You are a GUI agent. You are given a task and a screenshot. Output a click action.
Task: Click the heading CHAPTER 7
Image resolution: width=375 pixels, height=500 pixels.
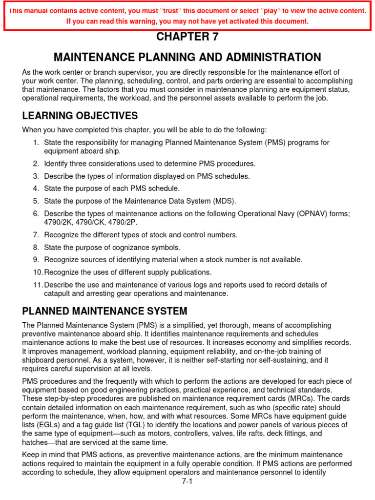(x=187, y=37)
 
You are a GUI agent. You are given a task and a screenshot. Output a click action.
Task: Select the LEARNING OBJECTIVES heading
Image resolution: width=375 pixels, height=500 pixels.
(x=80, y=116)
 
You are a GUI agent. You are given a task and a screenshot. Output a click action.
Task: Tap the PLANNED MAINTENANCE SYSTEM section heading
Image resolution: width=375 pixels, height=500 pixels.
(x=105, y=311)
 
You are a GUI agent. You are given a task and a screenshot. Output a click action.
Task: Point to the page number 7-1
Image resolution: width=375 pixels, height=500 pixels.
(x=187, y=481)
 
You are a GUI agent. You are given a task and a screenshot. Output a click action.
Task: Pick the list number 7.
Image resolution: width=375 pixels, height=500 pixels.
(x=36, y=235)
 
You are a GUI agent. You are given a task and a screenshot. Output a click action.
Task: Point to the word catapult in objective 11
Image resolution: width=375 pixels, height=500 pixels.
(x=58, y=293)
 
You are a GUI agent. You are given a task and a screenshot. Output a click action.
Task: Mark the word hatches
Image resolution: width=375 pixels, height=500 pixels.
(x=36, y=442)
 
